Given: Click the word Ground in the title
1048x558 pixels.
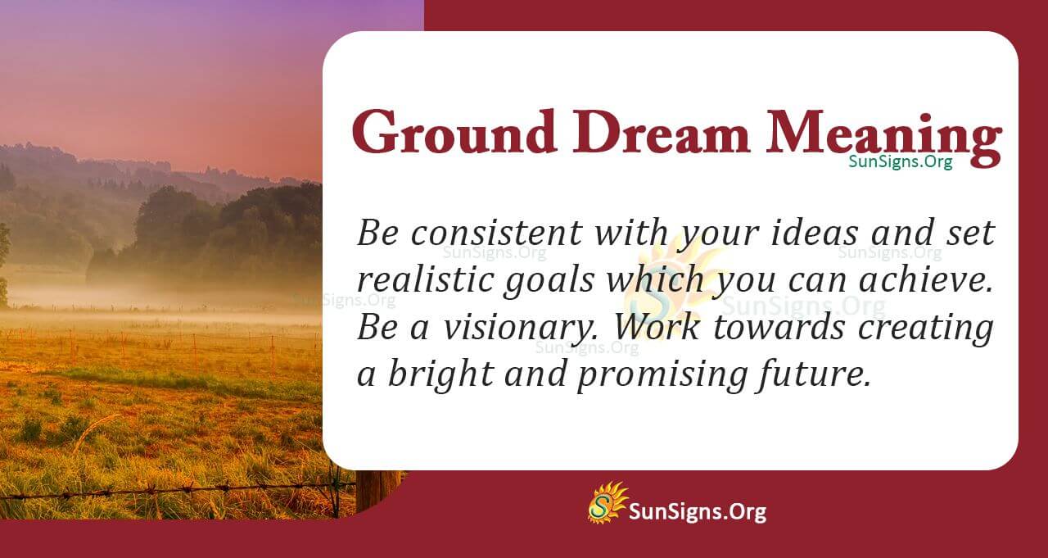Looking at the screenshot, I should (x=446, y=133).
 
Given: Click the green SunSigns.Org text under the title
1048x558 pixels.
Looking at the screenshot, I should (x=900, y=161).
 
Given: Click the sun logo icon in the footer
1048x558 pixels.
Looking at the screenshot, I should (x=607, y=502).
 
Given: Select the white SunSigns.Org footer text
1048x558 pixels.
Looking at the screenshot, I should (x=697, y=512).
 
